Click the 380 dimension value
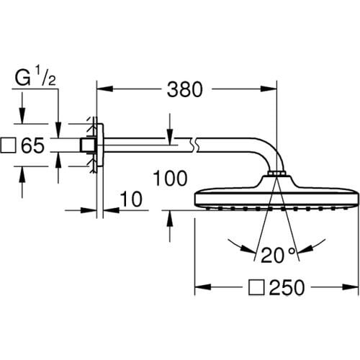[x=186, y=90]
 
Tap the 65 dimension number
[x=33, y=145]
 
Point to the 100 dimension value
[x=170, y=177]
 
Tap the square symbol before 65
[x=9, y=146]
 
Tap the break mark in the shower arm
[x=193, y=146]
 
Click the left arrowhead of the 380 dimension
[x=102, y=90]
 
